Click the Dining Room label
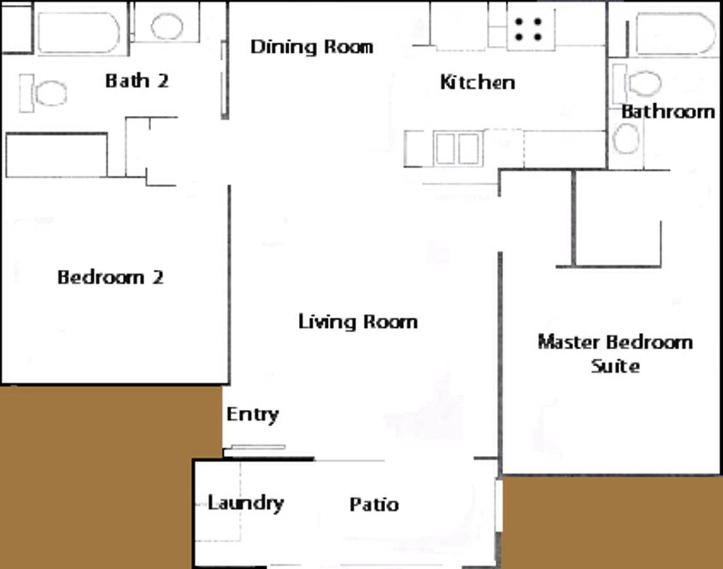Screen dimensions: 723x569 click(312, 47)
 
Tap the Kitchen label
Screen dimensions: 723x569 click(477, 82)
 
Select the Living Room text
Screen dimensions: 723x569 click(358, 322)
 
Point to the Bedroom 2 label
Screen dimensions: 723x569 click(111, 278)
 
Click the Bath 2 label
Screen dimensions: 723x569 click(137, 81)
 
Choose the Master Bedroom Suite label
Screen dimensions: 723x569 click(615, 354)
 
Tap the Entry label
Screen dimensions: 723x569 click(252, 415)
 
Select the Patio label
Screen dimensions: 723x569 click(374, 505)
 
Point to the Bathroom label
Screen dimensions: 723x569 click(668, 112)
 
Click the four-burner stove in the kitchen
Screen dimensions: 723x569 click(531, 30)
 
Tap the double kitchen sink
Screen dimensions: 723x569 click(458, 148)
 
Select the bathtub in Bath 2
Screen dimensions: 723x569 click(79, 33)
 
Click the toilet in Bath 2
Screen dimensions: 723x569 click(43, 93)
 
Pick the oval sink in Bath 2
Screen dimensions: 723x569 click(167, 26)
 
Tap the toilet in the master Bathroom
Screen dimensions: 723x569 click(637, 84)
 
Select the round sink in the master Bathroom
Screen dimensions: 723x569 click(626, 139)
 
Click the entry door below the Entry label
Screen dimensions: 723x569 click(258, 447)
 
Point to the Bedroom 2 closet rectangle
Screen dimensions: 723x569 click(57, 155)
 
